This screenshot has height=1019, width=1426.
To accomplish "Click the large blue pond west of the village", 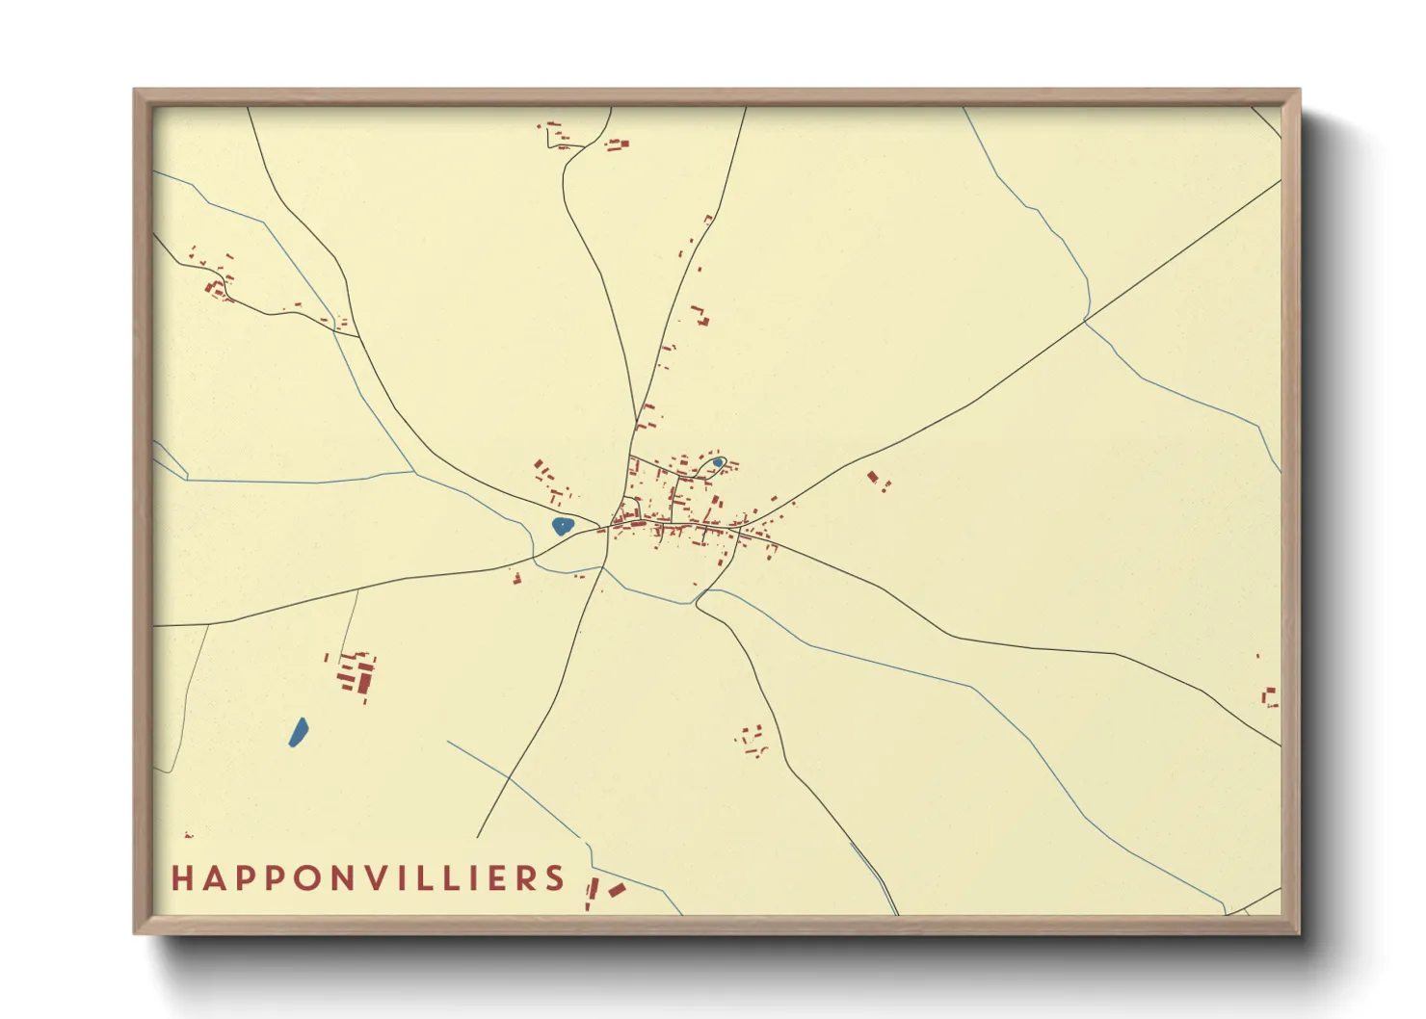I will pos(562,526).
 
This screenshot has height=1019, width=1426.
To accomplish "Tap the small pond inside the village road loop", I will pos(718,462).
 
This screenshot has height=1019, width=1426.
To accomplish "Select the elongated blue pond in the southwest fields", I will pos(298,732).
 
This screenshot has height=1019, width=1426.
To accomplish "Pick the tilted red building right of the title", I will pos(617,890).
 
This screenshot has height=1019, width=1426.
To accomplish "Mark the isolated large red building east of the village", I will pos(873,477).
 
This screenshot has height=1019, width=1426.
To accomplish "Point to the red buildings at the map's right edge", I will pos(1270,696).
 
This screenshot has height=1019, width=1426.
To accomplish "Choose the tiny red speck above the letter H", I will pos(188,835).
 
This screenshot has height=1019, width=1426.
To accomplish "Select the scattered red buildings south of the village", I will pos(753,741).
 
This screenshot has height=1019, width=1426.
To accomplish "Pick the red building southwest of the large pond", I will pos(516,579).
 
